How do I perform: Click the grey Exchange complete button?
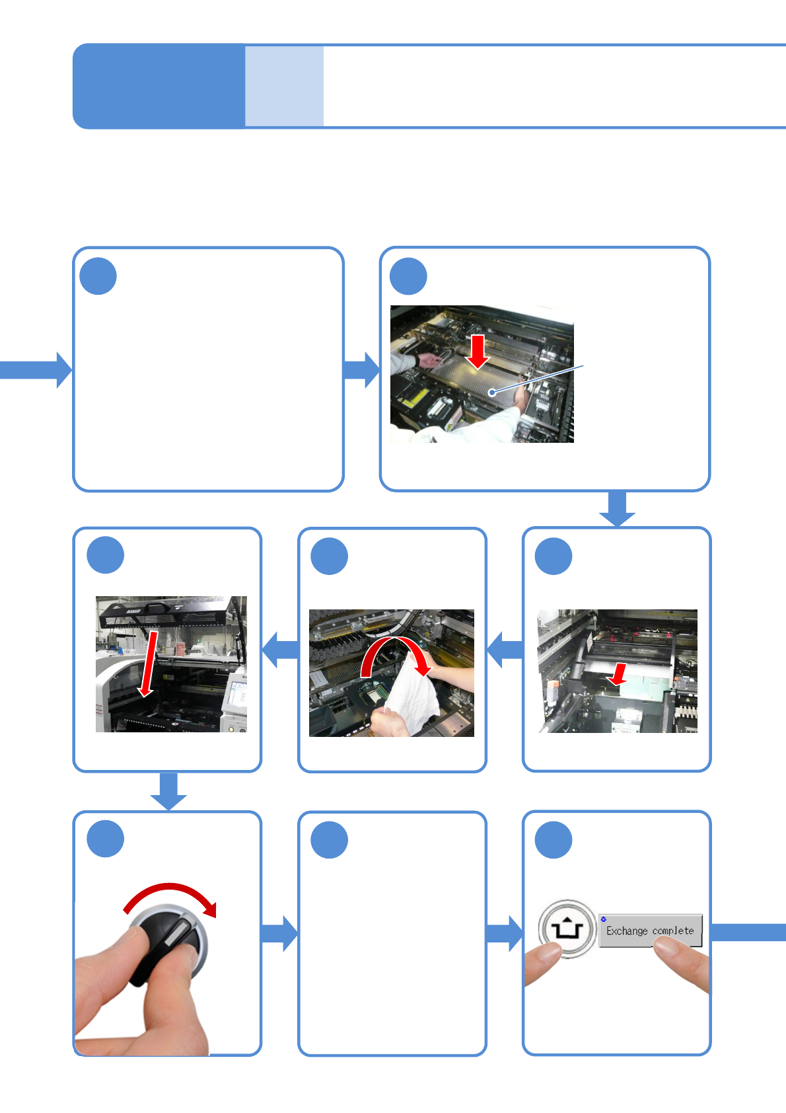[x=650, y=931]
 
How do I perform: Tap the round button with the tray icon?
[x=566, y=928]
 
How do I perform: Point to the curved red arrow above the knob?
[x=170, y=896]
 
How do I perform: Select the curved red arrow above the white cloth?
[x=395, y=654]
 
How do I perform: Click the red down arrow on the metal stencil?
[x=478, y=351]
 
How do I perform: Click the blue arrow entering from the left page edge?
[x=36, y=369]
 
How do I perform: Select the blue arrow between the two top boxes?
[x=361, y=369]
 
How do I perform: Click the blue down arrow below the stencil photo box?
[x=617, y=509]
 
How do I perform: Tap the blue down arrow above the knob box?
[x=168, y=790]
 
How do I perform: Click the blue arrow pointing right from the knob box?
[x=279, y=933]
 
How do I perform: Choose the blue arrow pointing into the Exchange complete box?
[x=505, y=933]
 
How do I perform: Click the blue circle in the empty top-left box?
[x=98, y=276]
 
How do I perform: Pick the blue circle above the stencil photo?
[x=408, y=276]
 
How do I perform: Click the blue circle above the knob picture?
[x=106, y=839]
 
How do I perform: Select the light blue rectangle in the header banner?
[x=284, y=86]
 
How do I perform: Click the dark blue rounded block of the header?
[x=159, y=86]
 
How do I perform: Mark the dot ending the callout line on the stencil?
[x=492, y=393]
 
